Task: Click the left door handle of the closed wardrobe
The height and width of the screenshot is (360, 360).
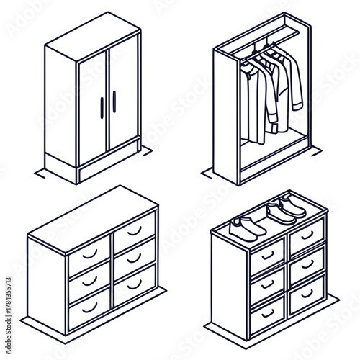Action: pos(102,107)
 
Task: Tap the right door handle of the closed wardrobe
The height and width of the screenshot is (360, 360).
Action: pos(113,102)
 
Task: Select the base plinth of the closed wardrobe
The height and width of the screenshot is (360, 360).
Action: pos(108,167)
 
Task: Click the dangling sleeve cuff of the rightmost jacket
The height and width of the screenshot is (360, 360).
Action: pos(297,106)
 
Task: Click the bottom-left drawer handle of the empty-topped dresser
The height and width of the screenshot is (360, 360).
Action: pos(89,308)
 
